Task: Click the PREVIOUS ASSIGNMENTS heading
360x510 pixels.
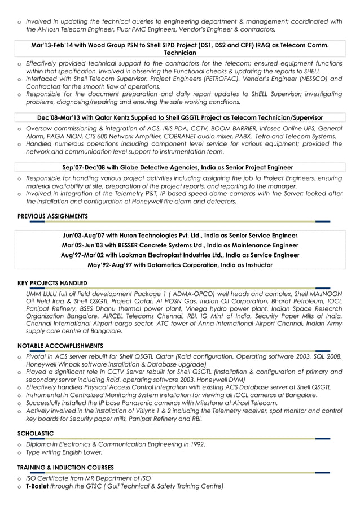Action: [52, 216]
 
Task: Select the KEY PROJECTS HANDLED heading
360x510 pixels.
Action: [52, 283]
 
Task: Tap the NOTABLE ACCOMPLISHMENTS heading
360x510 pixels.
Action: [60, 346]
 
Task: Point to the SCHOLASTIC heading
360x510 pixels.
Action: [35, 434]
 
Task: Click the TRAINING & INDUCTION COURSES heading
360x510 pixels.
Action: [65, 468]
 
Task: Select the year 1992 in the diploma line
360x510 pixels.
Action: [195, 444]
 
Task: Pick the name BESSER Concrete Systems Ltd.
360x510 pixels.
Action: [162, 245]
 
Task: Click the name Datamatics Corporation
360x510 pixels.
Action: [174, 264]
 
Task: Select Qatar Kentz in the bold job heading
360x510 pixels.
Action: [104, 118]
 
